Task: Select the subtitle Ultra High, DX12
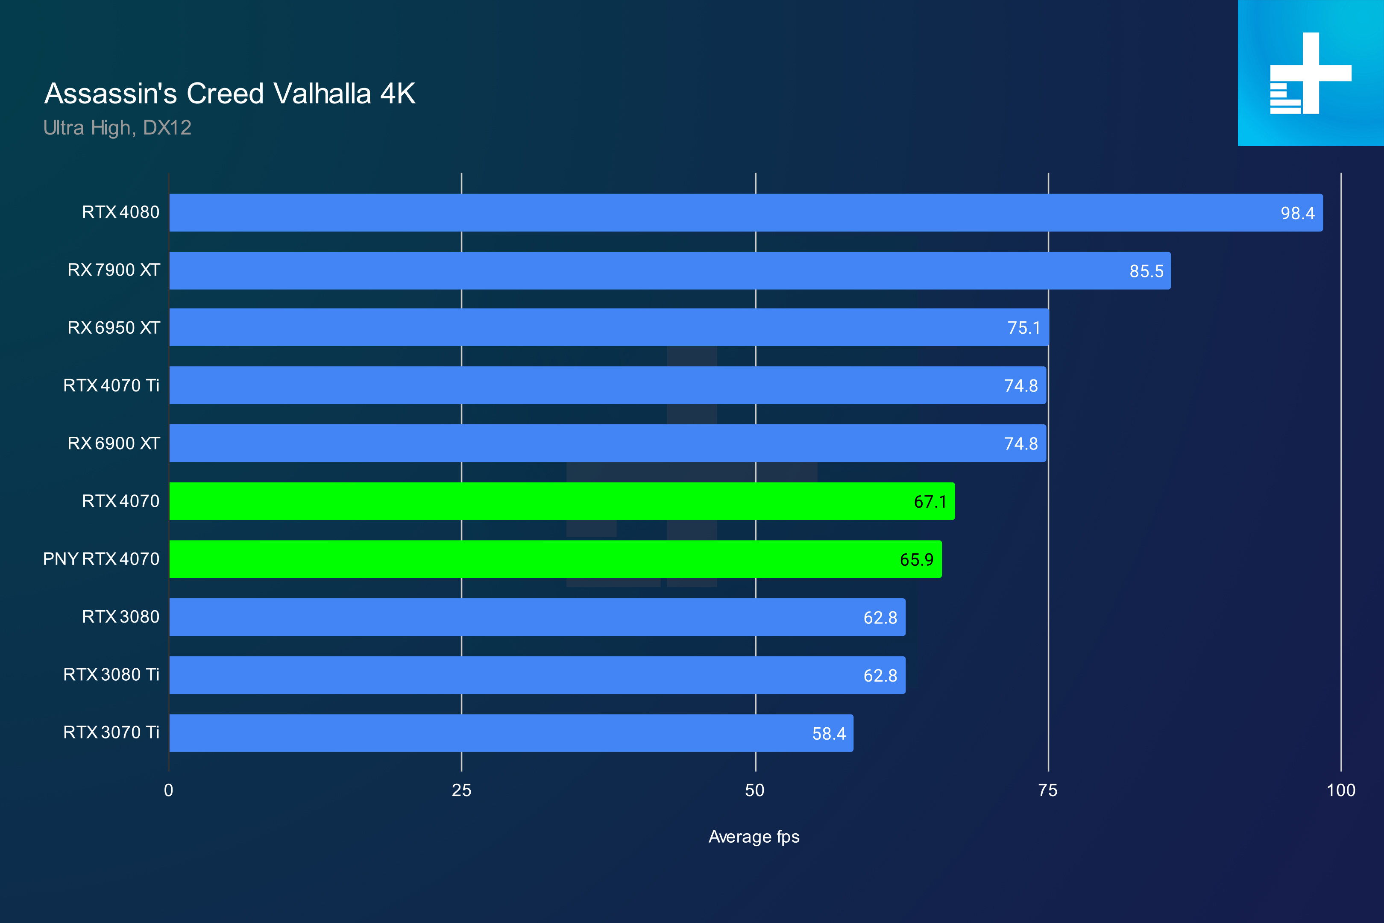coord(117,128)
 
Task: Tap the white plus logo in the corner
coord(1311,73)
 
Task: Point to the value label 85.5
coord(1146,271)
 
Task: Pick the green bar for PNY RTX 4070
coord(555,559)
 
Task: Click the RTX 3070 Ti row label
coord(111,732)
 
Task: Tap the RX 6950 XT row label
coord(114,327)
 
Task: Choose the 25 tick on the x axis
coord(461,790)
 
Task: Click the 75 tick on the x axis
coord(1047,790)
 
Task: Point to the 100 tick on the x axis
coord(1340,790)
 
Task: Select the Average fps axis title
coord(754,837)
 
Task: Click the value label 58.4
coord(829,733)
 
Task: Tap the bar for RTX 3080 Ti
coord(537,675)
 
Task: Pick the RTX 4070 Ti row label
coord(111,385)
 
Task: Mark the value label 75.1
coord(1023,328)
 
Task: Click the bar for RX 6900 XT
coord(607,443)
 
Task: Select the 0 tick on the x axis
coord(169,790)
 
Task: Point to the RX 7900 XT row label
coord(114,270)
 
